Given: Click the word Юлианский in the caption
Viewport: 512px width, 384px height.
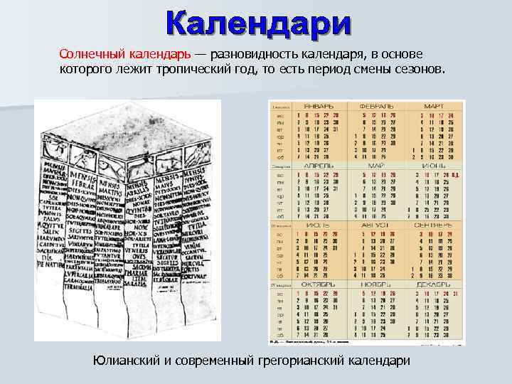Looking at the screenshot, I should [x=129, y=361].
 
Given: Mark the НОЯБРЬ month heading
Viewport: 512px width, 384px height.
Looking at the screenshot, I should [x=377, y=284].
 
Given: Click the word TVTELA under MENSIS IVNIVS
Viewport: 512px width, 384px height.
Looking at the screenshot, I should [x=196, y=224].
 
